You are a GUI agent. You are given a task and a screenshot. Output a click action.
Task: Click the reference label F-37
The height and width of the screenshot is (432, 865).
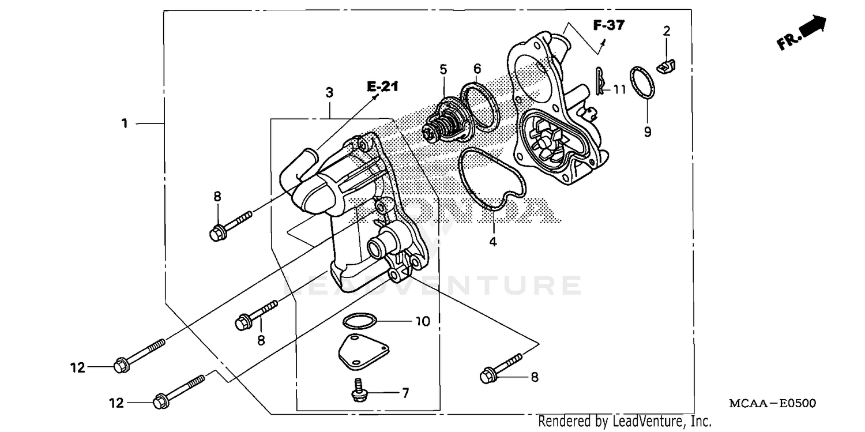(x=610, y=25)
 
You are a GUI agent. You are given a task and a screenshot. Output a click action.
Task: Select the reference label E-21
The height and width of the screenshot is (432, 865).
(x=382, y=87)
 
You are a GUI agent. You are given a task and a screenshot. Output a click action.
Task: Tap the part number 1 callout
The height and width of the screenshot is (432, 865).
(x=124, y=123)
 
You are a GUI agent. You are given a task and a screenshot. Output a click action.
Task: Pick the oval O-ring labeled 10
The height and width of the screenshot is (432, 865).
(x=360, y=321)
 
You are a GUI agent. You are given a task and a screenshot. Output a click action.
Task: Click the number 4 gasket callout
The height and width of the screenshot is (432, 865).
(x=492, y=242)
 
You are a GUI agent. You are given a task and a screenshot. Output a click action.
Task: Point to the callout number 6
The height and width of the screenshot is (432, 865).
(x=477, y=69)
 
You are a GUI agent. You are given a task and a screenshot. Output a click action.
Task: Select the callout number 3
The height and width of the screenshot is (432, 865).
(x=329, y=92)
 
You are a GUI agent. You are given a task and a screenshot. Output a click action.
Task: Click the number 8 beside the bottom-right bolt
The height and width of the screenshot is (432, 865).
(x=534, y=377)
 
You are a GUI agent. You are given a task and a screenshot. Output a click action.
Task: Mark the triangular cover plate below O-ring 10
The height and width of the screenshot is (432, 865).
(x=362, y=352)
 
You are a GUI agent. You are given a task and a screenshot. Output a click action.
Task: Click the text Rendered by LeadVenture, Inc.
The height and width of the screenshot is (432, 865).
(x=625, y=422)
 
